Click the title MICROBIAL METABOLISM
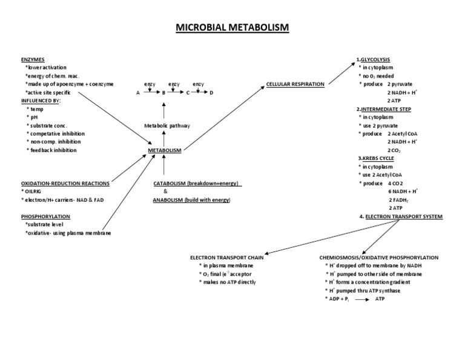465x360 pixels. (232, 28)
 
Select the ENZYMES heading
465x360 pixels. (32, 59)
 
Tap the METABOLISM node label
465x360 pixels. (165, 150)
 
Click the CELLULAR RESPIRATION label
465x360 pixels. (295, 84)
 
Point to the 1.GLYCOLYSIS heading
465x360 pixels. (373, 59)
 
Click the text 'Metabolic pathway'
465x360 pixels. (167, 125)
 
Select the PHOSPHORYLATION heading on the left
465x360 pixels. (45, 216)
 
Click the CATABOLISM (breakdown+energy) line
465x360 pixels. (197, 183)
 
